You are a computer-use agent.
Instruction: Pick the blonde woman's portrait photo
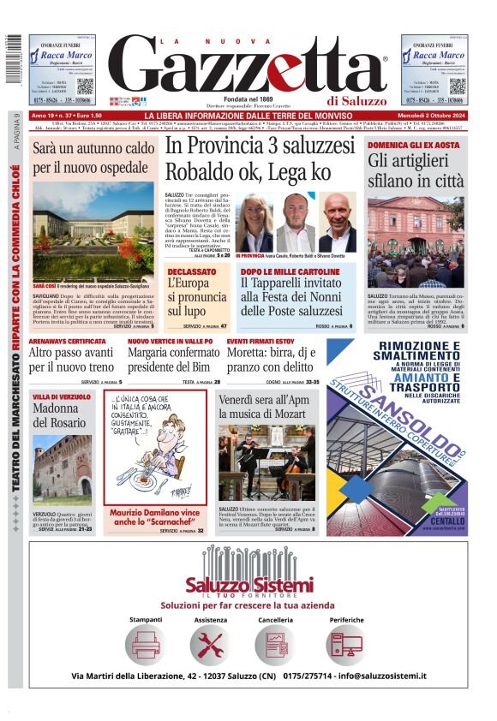tap(254, 222)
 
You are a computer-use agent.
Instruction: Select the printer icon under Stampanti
tap(145, 644)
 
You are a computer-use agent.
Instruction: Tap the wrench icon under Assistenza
tap(210, 644)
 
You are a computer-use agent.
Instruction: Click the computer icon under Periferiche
tap(346, 644)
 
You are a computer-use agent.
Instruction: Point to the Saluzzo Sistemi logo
tap(248, 586)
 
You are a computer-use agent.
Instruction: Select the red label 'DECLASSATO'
tap(192, 271)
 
